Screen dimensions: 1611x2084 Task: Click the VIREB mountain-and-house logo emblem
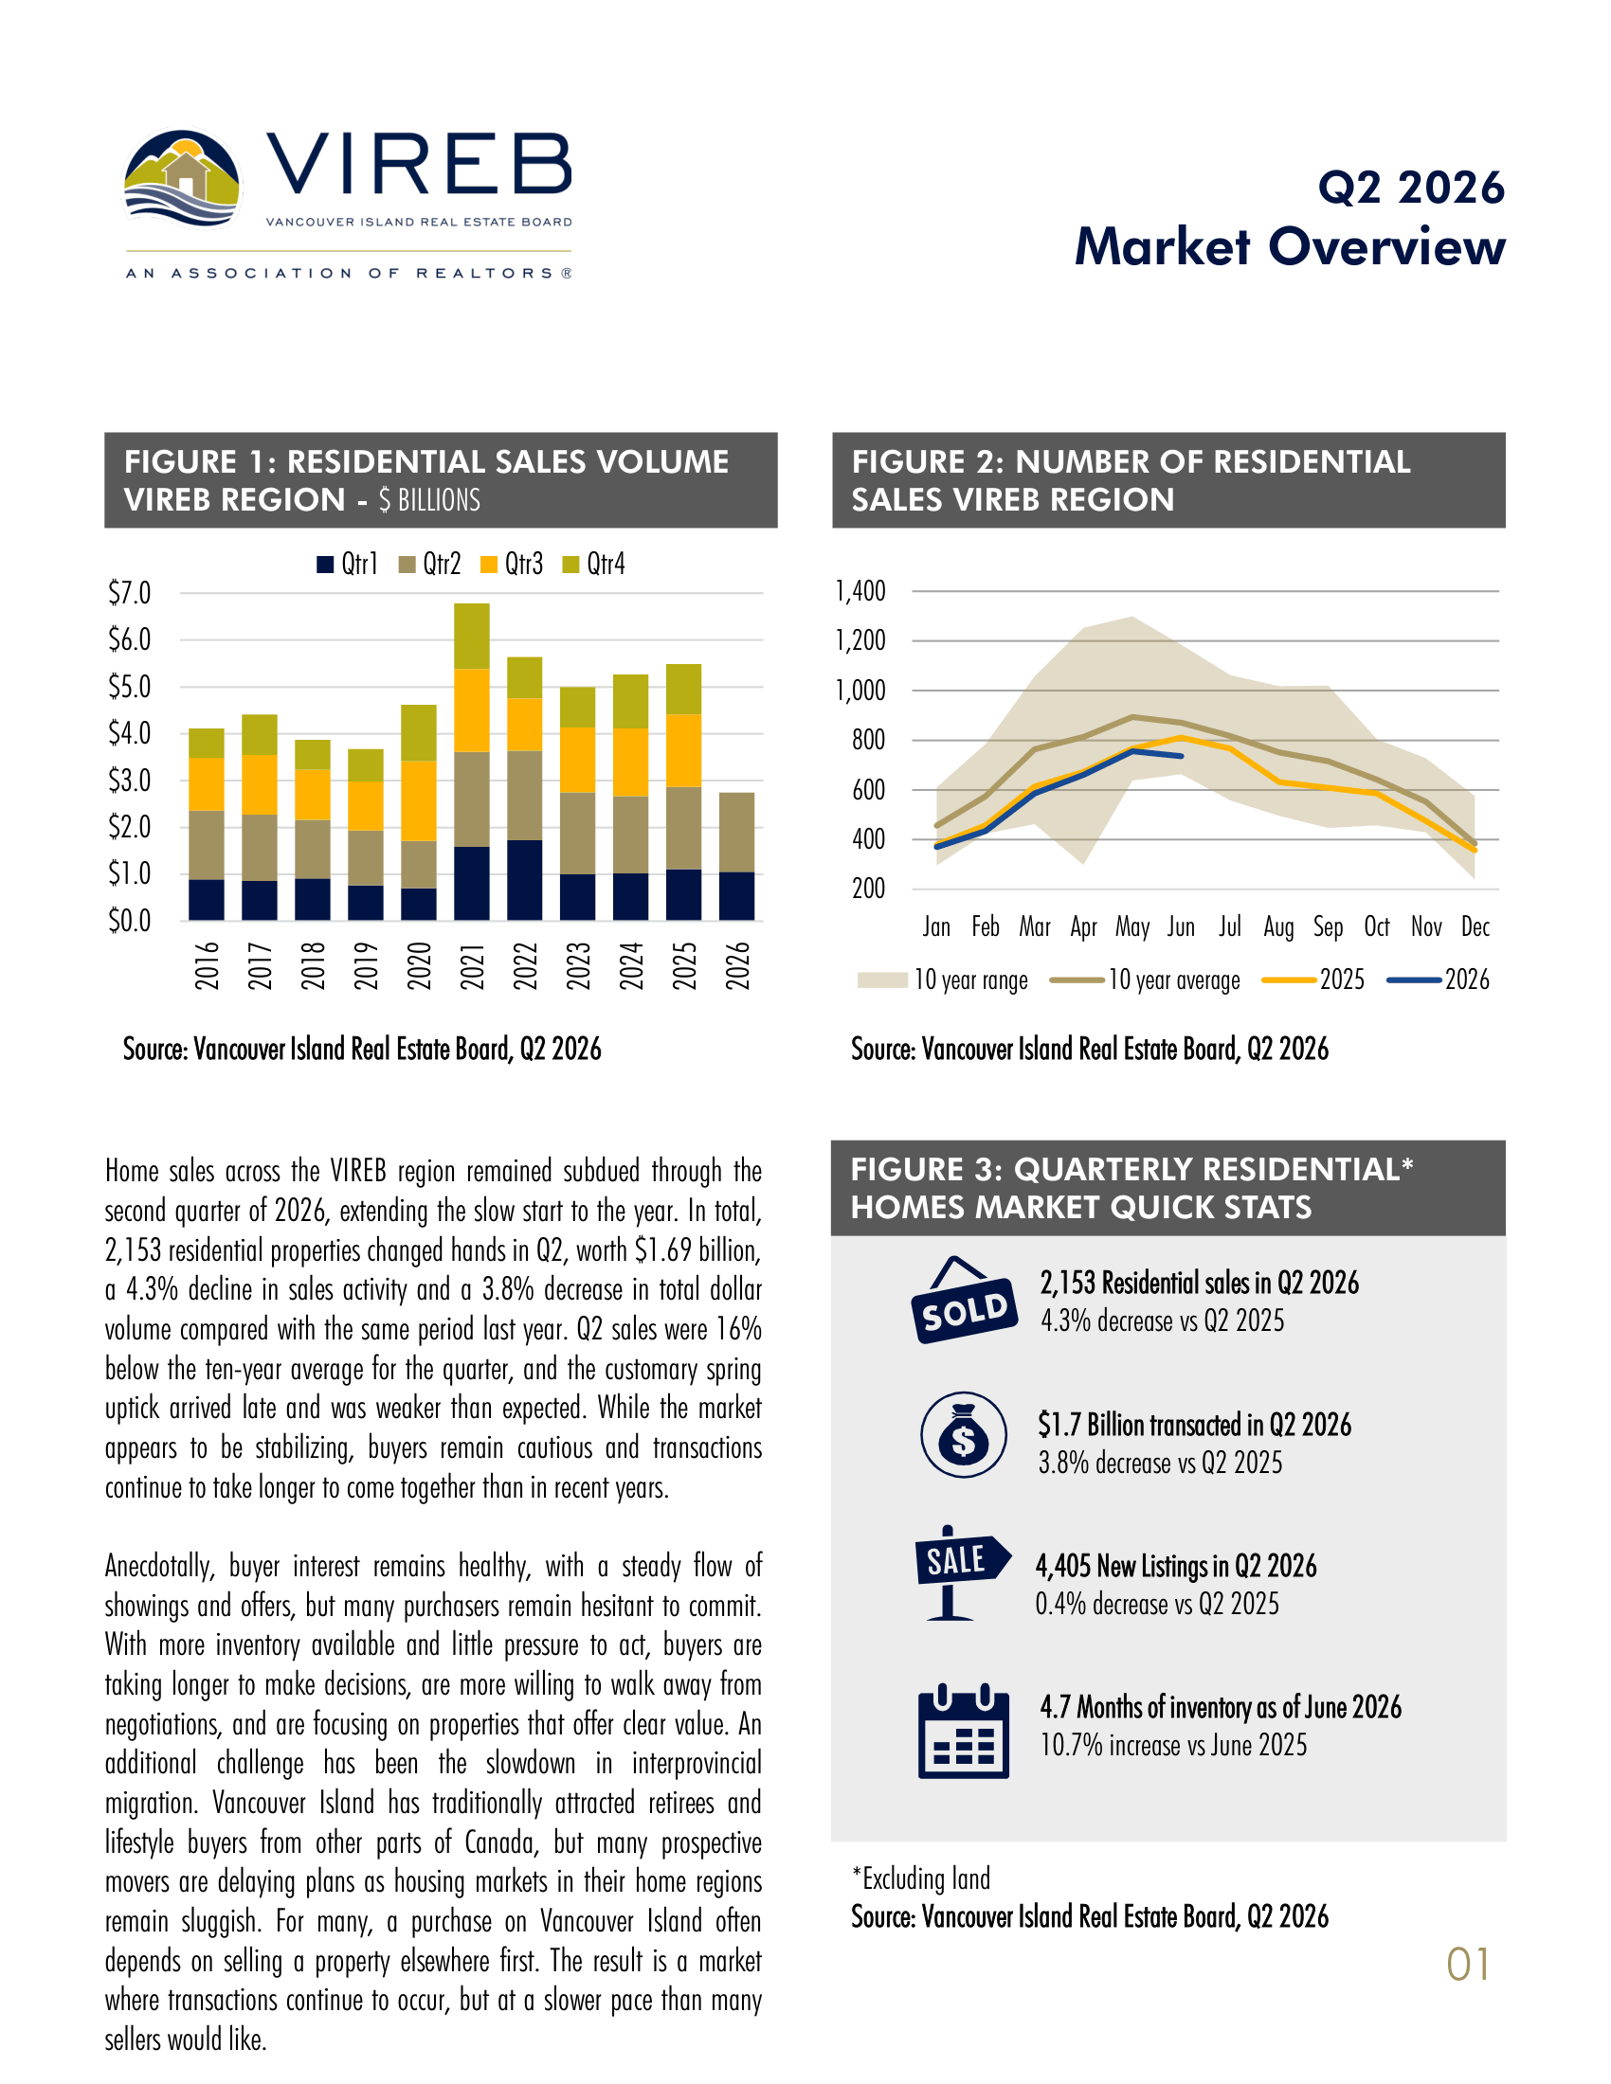[x=181, y=178]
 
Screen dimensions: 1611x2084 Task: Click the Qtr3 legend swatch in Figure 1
[x=489, y=565]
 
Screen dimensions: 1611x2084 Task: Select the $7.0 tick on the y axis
[x=129, y=593]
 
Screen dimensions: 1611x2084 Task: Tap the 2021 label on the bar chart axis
[x=473, y=964]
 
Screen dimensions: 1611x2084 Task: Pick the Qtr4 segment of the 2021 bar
[x=473, y=637]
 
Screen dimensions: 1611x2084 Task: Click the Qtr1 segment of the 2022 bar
[x=525, y=880]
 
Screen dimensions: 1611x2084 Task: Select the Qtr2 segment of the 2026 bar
[x=736, y=832]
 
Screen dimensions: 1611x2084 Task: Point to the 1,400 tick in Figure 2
[x=860, y=592]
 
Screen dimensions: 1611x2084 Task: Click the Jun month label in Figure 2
[x=1181, y=926]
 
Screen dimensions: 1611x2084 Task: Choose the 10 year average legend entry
[x=1145, y=980]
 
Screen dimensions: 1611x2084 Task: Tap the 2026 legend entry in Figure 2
[x=1439, y=980]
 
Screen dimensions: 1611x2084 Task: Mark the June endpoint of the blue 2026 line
[x=1183, y=756]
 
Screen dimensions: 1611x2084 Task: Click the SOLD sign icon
[x=964, y=1300]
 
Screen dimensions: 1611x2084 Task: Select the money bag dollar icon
[x=964, y=1434]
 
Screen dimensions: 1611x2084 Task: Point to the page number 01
[x=1468, y=1965]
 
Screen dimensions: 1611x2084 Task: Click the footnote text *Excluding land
[x=921, y=1878]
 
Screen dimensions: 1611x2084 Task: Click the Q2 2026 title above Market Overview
[x=1411, y=188]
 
